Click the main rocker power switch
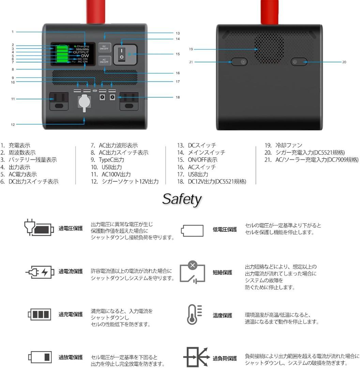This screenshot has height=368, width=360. coord(121,54)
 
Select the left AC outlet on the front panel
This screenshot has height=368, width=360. coord(59,101)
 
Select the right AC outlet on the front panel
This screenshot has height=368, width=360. coord(129,101)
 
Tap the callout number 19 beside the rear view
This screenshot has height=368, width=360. coord(191,49)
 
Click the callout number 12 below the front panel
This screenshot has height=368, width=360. coord(13,125)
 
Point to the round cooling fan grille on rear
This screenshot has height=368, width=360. coord(269,49)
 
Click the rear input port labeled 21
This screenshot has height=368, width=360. coord(239,62)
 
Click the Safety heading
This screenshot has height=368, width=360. coord(181,199)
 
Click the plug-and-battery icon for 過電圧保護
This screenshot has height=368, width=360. coord(39,228)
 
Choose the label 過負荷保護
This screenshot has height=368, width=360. coord(224,358)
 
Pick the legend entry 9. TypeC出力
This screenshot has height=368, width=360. coord(107,160)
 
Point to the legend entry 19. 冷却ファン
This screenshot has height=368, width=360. coord(283,145)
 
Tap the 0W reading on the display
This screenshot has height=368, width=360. coord(85,56)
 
